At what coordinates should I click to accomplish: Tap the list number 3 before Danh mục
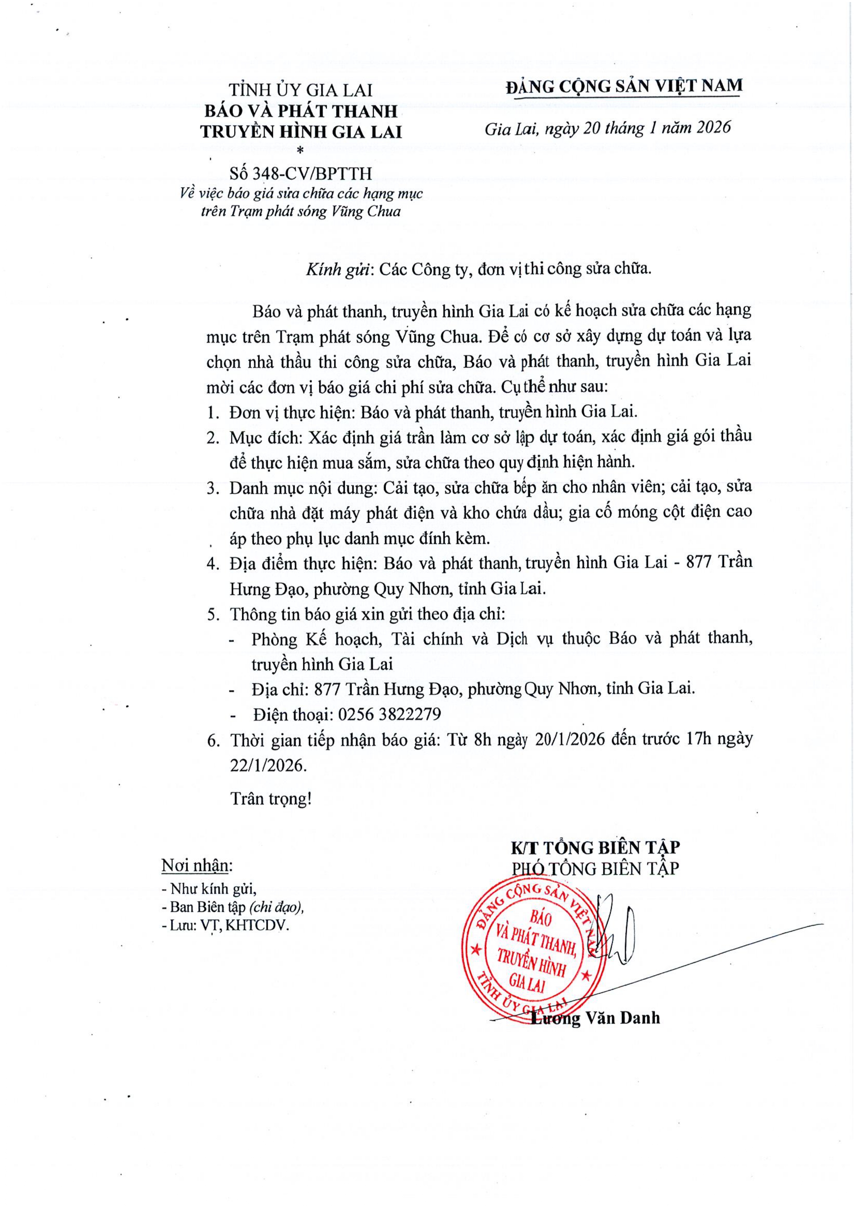pyautogui.click(x=212, y=488)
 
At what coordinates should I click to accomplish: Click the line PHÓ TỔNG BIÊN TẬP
pyautogui.click(x=595, y=868)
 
